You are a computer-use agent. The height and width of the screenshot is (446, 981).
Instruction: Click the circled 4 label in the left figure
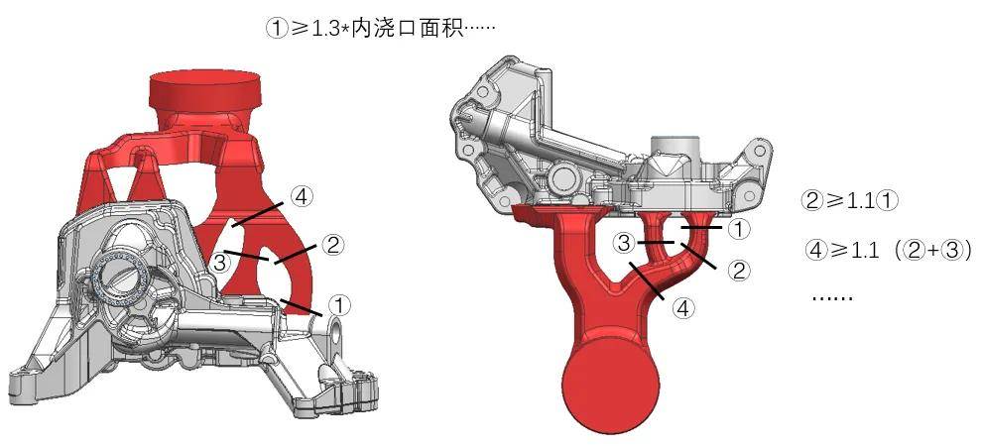303,195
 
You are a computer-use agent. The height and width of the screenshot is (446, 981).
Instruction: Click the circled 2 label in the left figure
333,243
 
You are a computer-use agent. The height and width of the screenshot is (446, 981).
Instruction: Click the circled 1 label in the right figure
739,230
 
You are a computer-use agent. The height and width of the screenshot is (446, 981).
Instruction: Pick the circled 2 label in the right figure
738,268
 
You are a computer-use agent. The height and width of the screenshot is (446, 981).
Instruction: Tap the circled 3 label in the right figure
624,243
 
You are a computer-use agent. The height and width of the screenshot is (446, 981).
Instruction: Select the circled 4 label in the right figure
683,308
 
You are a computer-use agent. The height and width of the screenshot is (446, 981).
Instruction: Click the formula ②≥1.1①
849,200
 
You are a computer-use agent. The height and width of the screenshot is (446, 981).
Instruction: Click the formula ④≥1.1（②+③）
887,250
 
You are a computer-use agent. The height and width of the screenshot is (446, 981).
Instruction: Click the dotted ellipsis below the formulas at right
831,296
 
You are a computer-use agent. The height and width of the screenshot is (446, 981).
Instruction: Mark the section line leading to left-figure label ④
257,212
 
